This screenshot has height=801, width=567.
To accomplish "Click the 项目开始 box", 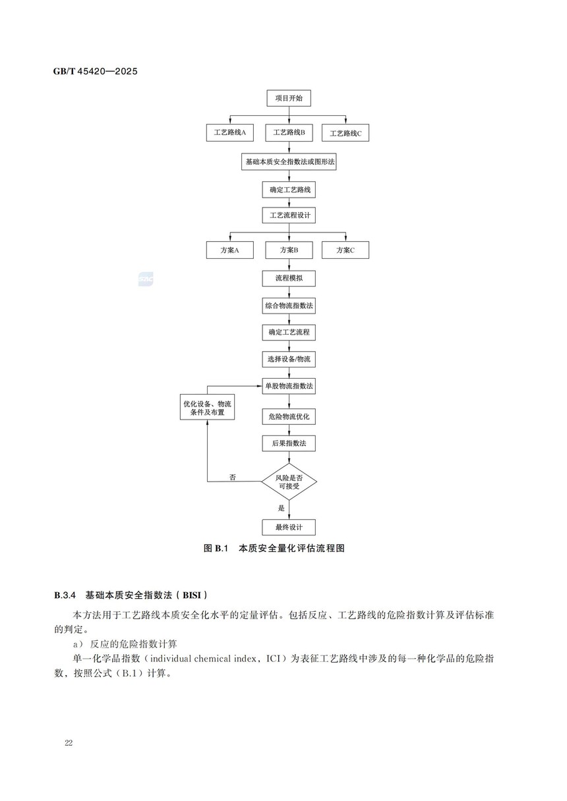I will [x=289, y=99].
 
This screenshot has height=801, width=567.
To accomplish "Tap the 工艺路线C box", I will [x=345, y=133].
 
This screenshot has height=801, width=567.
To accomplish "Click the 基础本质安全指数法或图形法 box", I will [x=289, y=161].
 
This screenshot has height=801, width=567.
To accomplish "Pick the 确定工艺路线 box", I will [x=289, y=190].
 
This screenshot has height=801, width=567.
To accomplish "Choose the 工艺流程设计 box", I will [x=289, y=215].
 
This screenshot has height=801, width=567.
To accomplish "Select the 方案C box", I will [x=345, y=250].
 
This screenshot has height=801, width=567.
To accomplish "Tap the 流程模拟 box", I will [x=289, y=279].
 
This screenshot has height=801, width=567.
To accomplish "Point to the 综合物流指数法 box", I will [x=289, y=306].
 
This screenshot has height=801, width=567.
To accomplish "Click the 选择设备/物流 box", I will [x=289, y=359].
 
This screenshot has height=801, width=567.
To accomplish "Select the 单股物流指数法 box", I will [x=289, y=385].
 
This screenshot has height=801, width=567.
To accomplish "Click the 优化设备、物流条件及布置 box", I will [x=208, y=407].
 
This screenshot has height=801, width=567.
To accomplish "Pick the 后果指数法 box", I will [x=289, y=443].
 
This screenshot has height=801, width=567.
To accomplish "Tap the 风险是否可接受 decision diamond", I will [x=289, y=482].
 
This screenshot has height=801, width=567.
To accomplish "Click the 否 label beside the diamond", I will [x=233, y=476].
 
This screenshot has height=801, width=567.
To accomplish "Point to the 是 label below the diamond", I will [x=282, y=508].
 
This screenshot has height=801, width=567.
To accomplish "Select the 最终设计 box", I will [x=289, y=527].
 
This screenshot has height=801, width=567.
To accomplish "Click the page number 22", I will [x=69, y=743].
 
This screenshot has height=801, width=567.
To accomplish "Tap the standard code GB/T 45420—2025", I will [x=96, y=71].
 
